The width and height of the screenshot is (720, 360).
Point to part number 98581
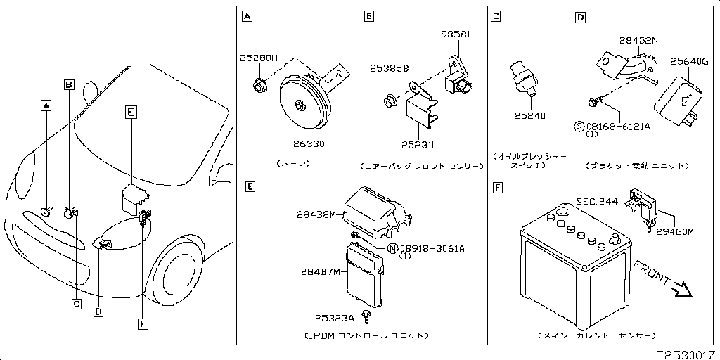pos(456,34)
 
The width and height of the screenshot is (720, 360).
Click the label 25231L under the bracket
pos(420,144)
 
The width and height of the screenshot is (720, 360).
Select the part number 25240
pos(529,115)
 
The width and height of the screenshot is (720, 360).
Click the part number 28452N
pos(638,41)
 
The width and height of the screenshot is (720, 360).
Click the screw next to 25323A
pos(366,316)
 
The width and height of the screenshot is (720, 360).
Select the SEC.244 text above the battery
pos(596,201)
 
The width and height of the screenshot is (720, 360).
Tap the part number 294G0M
pos(674,231)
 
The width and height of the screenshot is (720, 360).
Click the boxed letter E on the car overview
pos(131,111)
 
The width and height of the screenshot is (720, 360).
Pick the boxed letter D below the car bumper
pos(99,311)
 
